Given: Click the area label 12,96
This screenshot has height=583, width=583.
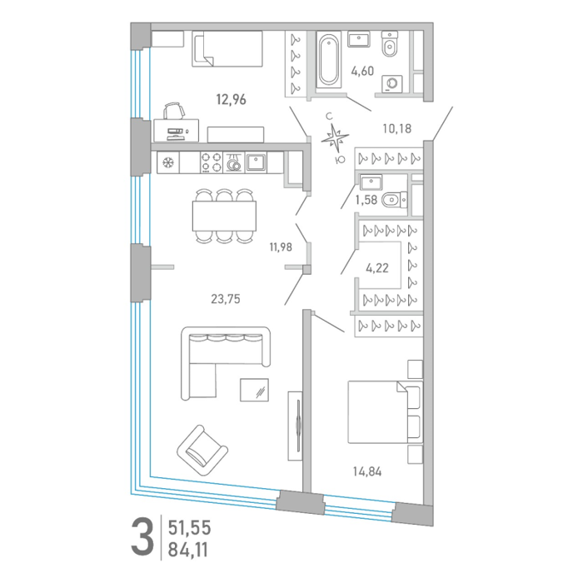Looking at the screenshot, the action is [x=232, y=100].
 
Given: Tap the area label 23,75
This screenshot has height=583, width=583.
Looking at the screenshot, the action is [x=226, y=298].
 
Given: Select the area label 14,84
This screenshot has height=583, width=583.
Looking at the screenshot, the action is [x=367, y=471].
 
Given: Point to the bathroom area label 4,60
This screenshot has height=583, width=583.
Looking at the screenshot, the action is [x=362, y=71].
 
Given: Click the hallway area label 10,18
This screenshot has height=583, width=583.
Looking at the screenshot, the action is [x=397, y=128].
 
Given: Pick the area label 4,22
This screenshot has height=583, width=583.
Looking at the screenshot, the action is [x=377, y=267].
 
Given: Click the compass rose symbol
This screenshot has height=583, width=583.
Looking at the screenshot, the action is [x=336, y=138].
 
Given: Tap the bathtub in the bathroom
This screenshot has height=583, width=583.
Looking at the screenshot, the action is [x=329, y=59].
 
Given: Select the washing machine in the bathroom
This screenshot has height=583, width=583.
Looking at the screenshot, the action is [x=392, y=83].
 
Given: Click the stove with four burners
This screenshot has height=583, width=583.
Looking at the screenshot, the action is [x=212, y=162].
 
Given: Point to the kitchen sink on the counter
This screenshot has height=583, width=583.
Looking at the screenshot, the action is [x=257, y=162].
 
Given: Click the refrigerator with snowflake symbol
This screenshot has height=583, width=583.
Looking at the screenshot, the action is [x=168, y=162].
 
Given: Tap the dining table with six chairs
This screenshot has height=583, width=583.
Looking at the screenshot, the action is [x=224, y=216].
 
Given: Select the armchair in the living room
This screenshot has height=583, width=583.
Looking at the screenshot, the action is [x=202, y=451].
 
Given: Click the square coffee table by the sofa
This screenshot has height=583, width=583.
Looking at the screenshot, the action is [x=254, y=390].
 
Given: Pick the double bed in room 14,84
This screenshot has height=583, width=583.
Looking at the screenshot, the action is [x=385, y=412].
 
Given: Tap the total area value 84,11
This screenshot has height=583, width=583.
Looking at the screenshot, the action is [x=188, y=550].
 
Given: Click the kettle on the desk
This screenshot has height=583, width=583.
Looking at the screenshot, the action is [x=175, y=111].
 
